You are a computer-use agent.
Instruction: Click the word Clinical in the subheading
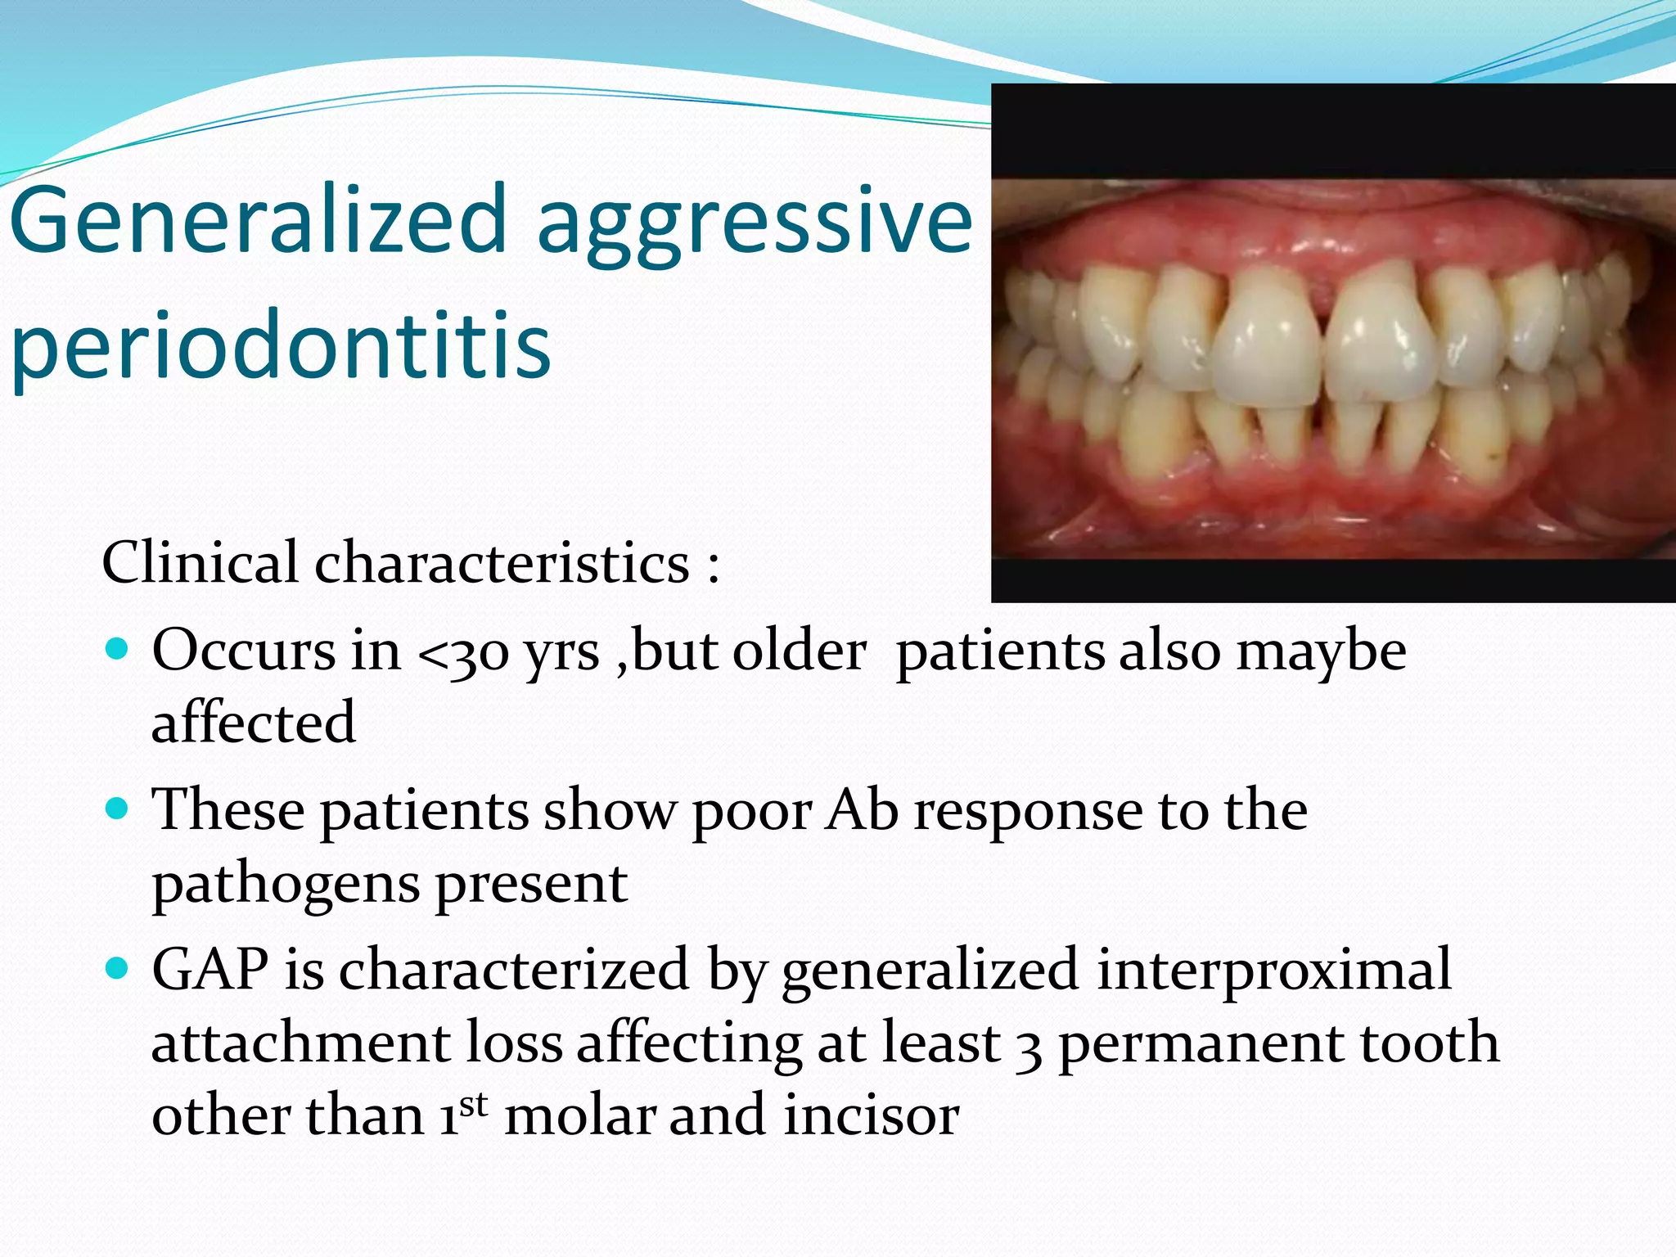(200, 563)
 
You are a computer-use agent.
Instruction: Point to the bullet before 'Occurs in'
(118, 650)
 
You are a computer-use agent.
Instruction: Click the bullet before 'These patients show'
(118, 809)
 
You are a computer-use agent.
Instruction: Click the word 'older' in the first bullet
(799, 651)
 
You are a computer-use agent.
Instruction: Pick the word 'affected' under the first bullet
(254, 723)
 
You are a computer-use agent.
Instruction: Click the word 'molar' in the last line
(579, 1115)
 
